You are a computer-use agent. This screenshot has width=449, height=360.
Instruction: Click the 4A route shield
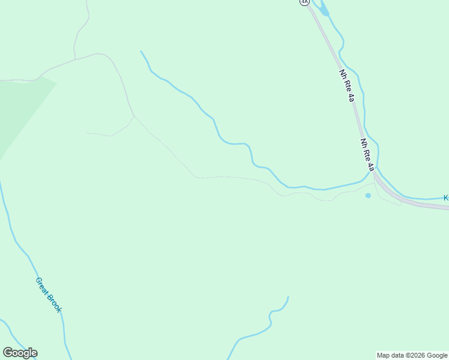[304, 2]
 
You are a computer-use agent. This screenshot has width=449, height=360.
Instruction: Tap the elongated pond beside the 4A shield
[324, 8]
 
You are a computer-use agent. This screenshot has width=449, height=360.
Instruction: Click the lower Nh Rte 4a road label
[367, 155]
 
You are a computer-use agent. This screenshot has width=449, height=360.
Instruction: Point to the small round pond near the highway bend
[368, 196]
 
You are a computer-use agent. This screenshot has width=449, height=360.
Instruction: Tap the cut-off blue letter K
[446, 197]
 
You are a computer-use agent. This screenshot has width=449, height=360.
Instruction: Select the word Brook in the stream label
[55, 304]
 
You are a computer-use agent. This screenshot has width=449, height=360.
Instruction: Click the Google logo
[20, 353]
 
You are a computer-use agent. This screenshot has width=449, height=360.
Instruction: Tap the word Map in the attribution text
[384, 355]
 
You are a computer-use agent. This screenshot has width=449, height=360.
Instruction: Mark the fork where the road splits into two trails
[134, 116]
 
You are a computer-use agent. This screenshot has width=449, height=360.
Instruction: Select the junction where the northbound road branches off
[75, 59]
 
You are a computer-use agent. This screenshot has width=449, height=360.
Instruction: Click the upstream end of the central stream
[140, 51]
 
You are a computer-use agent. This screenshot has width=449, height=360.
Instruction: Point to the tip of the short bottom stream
[288, 296]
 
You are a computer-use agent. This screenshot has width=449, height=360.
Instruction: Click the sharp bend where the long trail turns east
[196, 178]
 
